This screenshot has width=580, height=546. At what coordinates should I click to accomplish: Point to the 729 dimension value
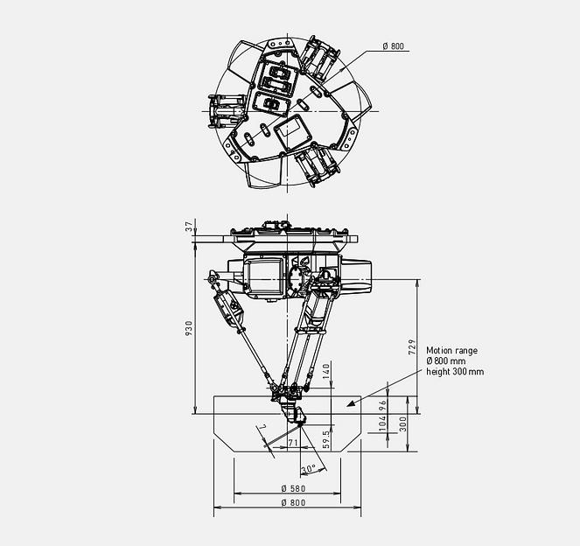click(412, 346)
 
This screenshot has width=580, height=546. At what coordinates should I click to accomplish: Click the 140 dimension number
click(326, 371)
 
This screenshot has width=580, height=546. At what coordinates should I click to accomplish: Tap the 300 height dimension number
click(403, 423)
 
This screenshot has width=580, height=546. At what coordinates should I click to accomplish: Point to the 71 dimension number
click(293, 445)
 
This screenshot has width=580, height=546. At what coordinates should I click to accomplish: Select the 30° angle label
click(308, 469)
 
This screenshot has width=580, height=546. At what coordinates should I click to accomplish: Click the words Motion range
click(451, 350)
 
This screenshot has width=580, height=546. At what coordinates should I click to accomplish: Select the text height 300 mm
click(455, 372)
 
